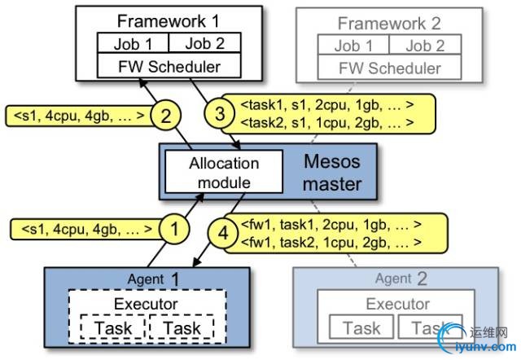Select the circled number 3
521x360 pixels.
click(x=220, y=113)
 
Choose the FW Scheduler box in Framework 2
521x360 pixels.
click(x=389, y=68)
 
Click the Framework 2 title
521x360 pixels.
click(x=389, y=24)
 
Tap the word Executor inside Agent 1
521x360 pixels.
click(x=146, y=305)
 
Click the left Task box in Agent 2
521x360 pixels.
click(x=359, y=328)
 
